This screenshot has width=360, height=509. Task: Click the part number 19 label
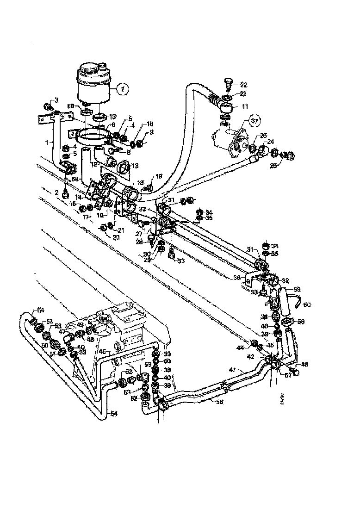coord(158,176)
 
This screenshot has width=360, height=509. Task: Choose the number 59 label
coord(297,288)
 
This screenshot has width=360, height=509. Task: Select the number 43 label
coord(304,365)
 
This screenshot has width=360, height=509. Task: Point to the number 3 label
coord(56,100)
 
